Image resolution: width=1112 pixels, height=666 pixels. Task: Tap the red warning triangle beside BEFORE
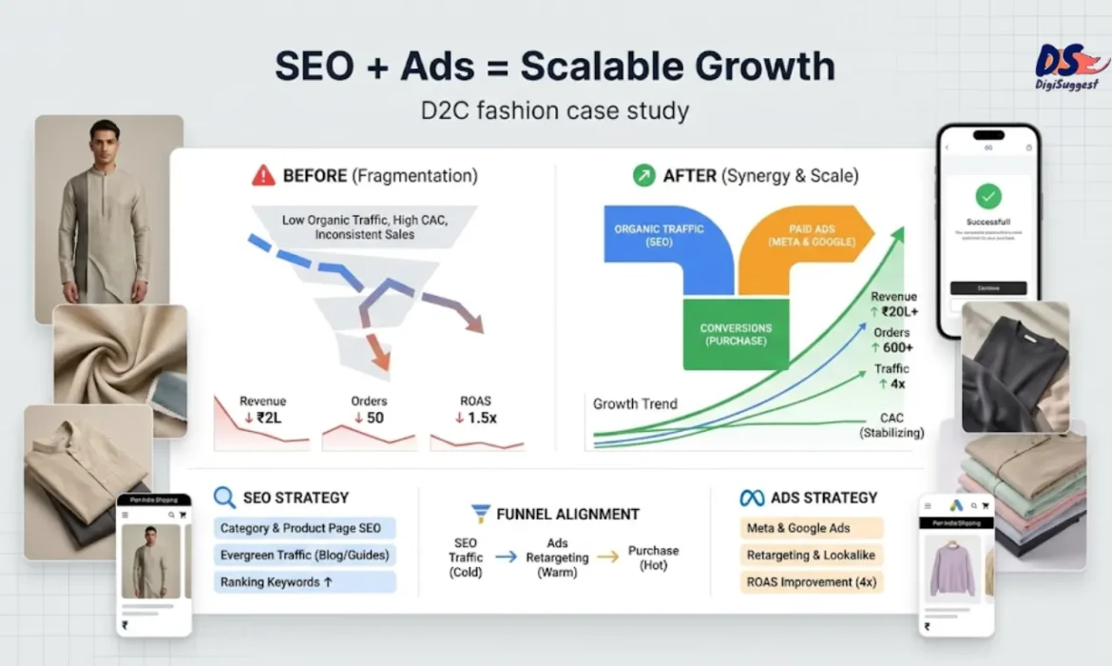coord(263,176)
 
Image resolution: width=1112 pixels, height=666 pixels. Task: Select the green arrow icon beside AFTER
coord(644,176)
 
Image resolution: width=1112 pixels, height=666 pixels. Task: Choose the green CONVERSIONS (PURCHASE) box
coord(736,334)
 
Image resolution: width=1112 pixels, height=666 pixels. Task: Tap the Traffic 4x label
coord(891,377)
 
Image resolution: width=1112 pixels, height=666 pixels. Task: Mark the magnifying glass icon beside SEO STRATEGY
coord(224,498)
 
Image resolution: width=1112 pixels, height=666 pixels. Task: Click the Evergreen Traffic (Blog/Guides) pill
coord(304,555)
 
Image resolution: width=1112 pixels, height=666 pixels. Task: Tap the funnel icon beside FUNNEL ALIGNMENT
coord(481,514)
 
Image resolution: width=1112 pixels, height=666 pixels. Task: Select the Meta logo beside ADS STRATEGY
coord(752,498)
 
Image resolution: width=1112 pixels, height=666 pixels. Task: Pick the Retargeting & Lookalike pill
coord(811,555)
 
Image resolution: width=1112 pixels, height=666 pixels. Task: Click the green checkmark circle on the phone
coord(988,197)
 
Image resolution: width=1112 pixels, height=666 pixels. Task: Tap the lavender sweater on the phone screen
coord(951,569)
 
